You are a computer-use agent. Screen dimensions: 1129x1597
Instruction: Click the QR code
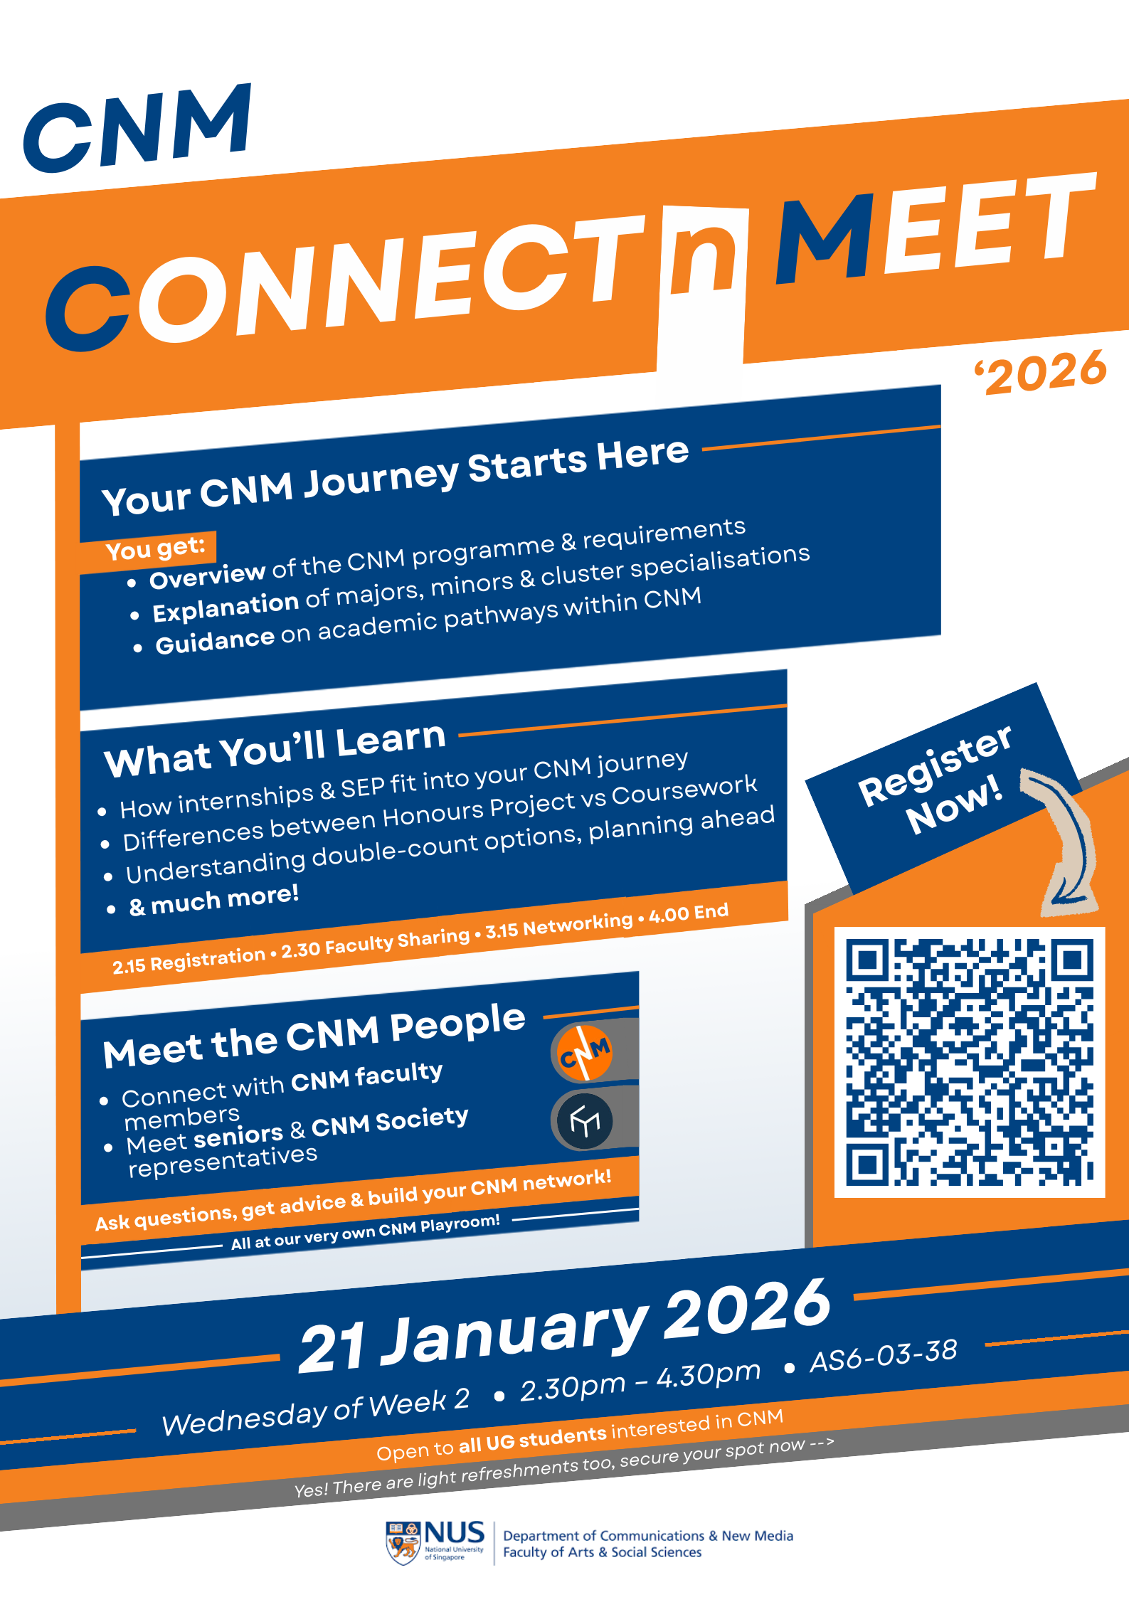coord(970,1062)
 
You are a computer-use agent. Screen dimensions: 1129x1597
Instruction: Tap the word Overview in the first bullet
coord(207,575)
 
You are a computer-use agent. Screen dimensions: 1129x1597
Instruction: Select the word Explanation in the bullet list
coord(226,607)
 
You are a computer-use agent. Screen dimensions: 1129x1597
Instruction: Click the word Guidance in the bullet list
coord(215,640)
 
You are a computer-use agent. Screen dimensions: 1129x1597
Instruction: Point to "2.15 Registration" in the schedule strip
coord(189,960)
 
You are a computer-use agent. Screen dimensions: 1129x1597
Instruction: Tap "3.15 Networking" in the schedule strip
coord(559,925)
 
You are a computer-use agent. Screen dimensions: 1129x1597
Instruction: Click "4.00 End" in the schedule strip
coord(689,913)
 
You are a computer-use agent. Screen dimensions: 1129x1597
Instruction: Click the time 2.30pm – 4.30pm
coord(640,1381)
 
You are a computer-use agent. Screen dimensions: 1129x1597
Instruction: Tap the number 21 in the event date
coord(333,1348)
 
